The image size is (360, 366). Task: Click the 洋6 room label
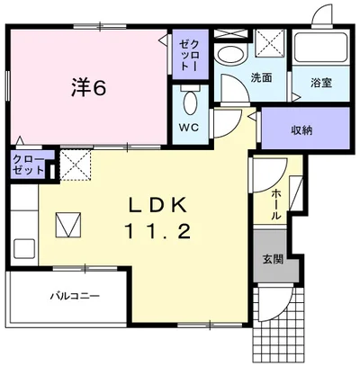click(x=90, y=88)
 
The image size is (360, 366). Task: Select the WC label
click(x=190, y=127)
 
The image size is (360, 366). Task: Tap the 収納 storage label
click(x=301, y=130)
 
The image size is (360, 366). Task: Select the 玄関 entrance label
click(x=271, y=260)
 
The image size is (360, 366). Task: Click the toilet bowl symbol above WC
click(x=190, y=98)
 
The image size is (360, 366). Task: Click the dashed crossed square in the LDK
click(x=74, y=164)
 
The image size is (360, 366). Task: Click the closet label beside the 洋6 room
click(x=186, y=57)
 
